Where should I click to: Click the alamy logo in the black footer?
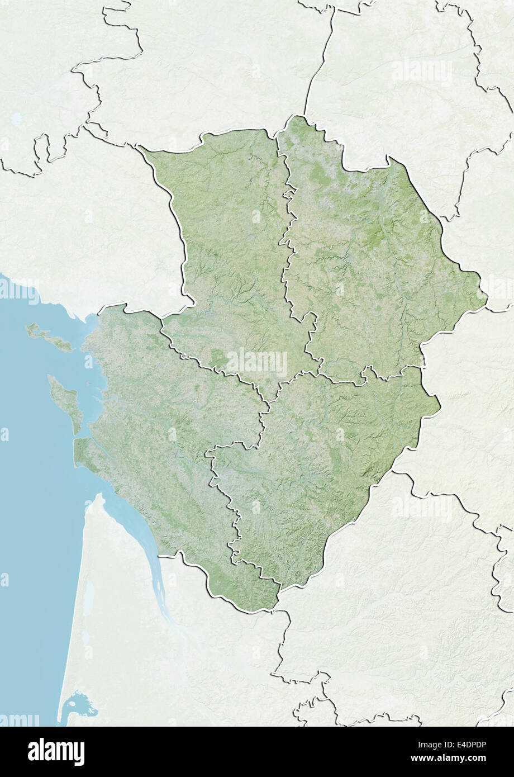tap(56, 751)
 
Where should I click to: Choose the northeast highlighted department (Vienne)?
tap(363, 263)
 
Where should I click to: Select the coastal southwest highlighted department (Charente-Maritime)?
tap(156, 447)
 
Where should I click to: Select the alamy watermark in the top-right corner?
tap(422, 71)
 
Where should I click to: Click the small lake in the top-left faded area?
tap(17, 119)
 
